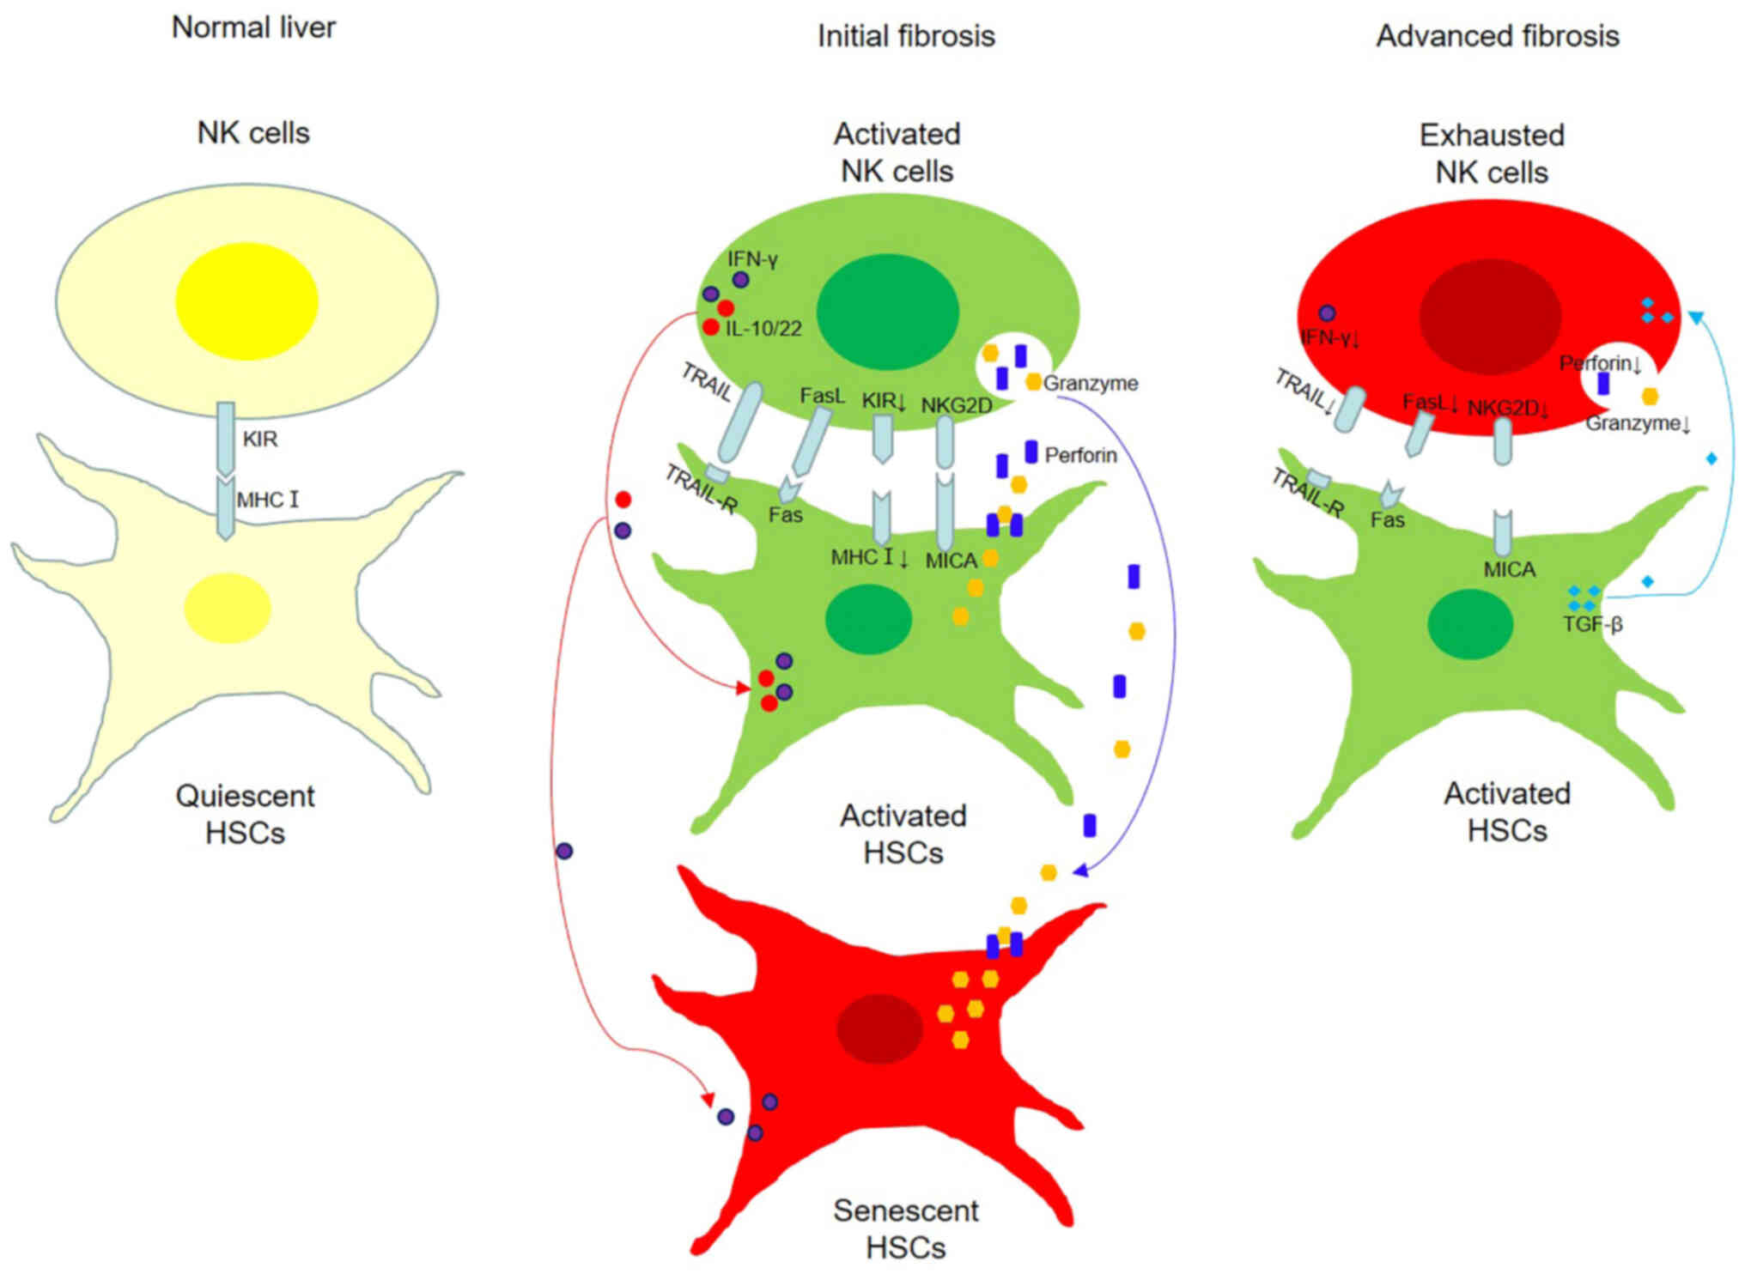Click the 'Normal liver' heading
coord(253,27)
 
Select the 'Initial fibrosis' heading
coord(906,36)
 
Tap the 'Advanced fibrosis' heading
coord(1498,36)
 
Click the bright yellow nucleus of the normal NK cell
coord(247,300)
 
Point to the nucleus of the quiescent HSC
coord(228,608)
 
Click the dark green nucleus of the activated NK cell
coord(887,312)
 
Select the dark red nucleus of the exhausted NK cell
coord(1490,317)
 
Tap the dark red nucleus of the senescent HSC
coord(879,1028)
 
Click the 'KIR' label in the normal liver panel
coord(259,440)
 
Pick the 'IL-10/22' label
coord(763,329)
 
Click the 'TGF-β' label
coord(1592,624)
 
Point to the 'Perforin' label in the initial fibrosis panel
coord(1080,455)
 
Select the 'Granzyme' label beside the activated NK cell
coord(1091,383)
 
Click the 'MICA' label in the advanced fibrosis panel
coord(1509,569)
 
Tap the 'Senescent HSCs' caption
coord(906,1228)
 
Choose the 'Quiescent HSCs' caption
coord(246,814)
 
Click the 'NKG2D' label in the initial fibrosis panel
coord(956,405)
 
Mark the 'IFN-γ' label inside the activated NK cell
coord(752,258)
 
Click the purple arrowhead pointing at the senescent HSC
coord(1080,871)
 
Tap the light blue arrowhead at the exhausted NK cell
coord(1695,318)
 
